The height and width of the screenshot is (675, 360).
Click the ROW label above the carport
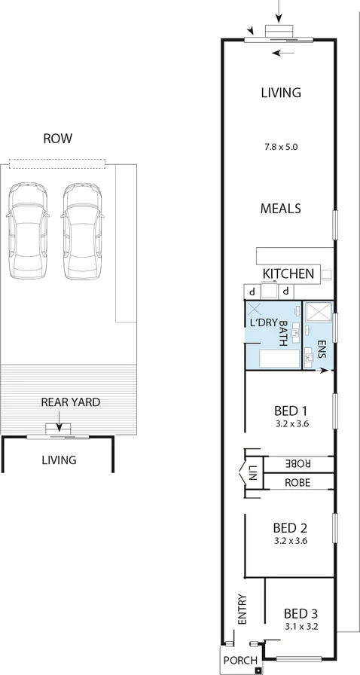pyautogui.click(x=57, y=139)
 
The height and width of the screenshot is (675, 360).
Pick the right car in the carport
pyautogui.click(x=81, y=232)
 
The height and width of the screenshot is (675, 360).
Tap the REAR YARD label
pyautogui.click(x=69, y=402)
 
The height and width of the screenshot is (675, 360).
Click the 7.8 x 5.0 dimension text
pyautogui.click(x=280, y=148)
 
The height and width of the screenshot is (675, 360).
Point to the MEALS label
pyautogui.click(x=281, y=208)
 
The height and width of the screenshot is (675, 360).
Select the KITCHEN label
pyautogui.click(x=288, y=273)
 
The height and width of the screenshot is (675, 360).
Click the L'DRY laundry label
pyautogui.click(x=263, y=323)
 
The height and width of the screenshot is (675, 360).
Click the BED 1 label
pyautogui.click(x=290, y=411)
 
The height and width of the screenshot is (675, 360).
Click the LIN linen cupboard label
pyautogui.click(x=252, y=474)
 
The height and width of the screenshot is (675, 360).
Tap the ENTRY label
pyautogui.click(x=242, y=609)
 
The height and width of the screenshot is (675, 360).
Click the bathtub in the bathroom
pyautogui.click(x=279, y=358)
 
